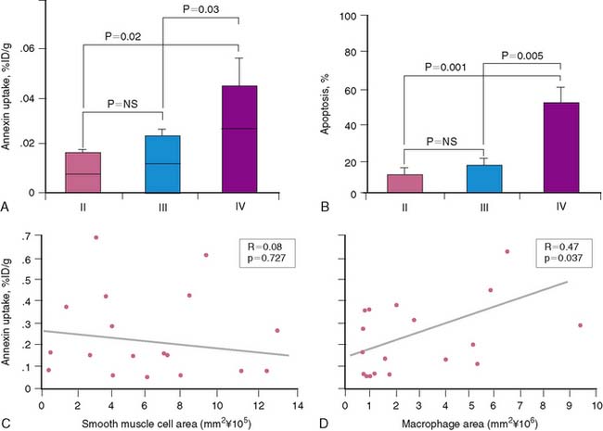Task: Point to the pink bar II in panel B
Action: click(x=404, y=183)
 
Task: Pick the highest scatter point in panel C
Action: click(x=96, y=237)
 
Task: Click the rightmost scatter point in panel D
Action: click(x=580, y=325)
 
